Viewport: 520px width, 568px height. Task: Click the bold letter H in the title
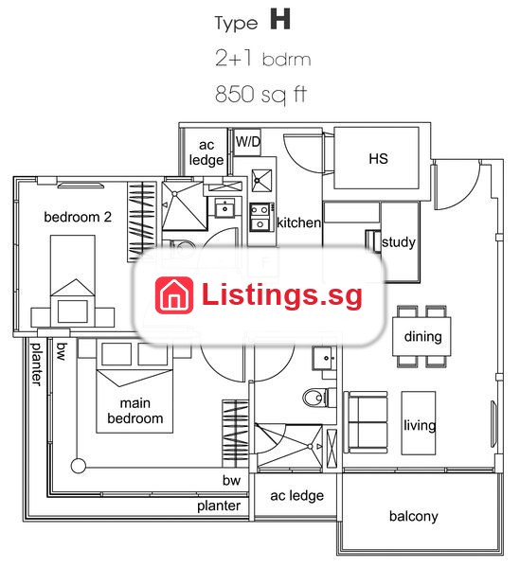[280, 19]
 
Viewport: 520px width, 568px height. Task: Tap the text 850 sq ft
[260, 94]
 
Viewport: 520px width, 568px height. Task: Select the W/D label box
[248, 142]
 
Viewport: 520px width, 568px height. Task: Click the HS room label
[378, 159]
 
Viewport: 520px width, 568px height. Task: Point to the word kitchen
[298, 222]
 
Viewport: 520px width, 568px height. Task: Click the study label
[398, 242]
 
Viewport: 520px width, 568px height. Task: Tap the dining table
[421, 336]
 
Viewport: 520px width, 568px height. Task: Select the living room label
[420, 424]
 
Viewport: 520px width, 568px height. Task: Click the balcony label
[414, 516]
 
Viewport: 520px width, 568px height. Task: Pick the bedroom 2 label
[78, 217]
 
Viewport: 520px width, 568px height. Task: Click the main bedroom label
[135, 411]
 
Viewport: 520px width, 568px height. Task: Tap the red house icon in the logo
[174, 294]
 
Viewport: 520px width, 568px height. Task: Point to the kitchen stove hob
[260, 217]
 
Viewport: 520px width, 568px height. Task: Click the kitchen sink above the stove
[261, 180]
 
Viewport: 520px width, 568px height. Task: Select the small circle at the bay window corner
[78, 466]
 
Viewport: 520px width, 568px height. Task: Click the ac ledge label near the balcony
[296, 495]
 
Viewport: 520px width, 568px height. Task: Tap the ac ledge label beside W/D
[206, 152]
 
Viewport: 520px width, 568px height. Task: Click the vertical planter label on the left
[36, 364]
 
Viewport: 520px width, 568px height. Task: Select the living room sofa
[366, 422]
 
